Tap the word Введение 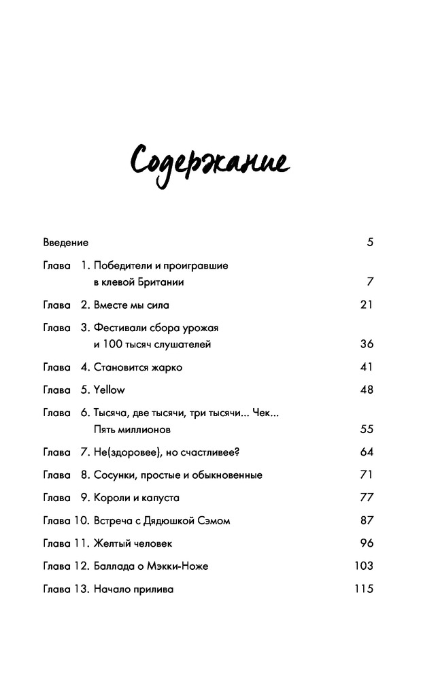point(65,242)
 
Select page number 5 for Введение point(370,242)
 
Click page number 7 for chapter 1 point(370,282)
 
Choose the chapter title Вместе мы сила point(130,305)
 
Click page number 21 point(367,305)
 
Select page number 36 point(367,344)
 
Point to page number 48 point(367,390)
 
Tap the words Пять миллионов point(132,430)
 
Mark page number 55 point(367,430)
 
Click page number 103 point(364,566)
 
